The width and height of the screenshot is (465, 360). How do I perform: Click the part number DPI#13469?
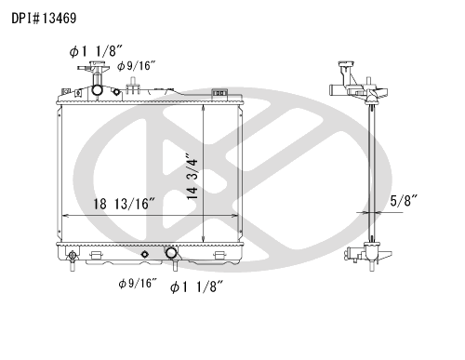[x=44, y=19]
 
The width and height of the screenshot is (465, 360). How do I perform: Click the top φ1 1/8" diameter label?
[x=96, y=51]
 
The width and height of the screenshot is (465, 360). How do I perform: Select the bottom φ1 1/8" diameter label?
[x=196, y=287]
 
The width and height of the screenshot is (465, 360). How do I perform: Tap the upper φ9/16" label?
[x=136, y=66]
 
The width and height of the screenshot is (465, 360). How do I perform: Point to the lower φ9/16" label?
[x=138, y=283]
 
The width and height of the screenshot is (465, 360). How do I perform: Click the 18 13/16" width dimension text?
[x=124, y=204]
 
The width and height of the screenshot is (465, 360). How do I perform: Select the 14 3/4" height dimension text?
[x=193, y=176]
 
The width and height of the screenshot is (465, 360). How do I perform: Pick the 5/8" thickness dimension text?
[x=404, y=201]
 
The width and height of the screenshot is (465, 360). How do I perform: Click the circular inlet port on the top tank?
[x=97, y=90]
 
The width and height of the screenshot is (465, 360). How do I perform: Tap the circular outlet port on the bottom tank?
[x=171, y=253]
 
